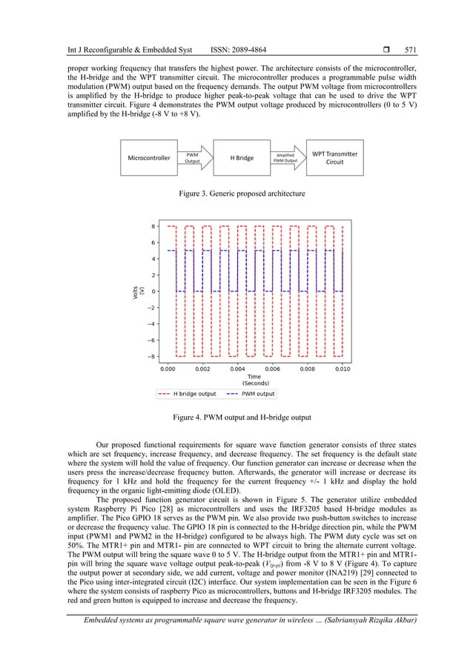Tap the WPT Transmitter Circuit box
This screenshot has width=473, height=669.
tap(334, 158)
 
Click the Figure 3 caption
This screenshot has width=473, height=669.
tap(236, 193)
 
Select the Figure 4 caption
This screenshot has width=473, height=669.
tap(236, 418)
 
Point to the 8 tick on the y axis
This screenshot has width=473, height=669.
tap(153, 226)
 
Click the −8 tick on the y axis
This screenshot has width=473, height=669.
tap(151, 356)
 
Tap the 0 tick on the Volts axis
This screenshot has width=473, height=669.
tap(153, 291)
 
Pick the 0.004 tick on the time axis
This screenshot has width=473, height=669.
tap(238, 367)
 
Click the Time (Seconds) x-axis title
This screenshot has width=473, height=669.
tap(254, 380)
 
